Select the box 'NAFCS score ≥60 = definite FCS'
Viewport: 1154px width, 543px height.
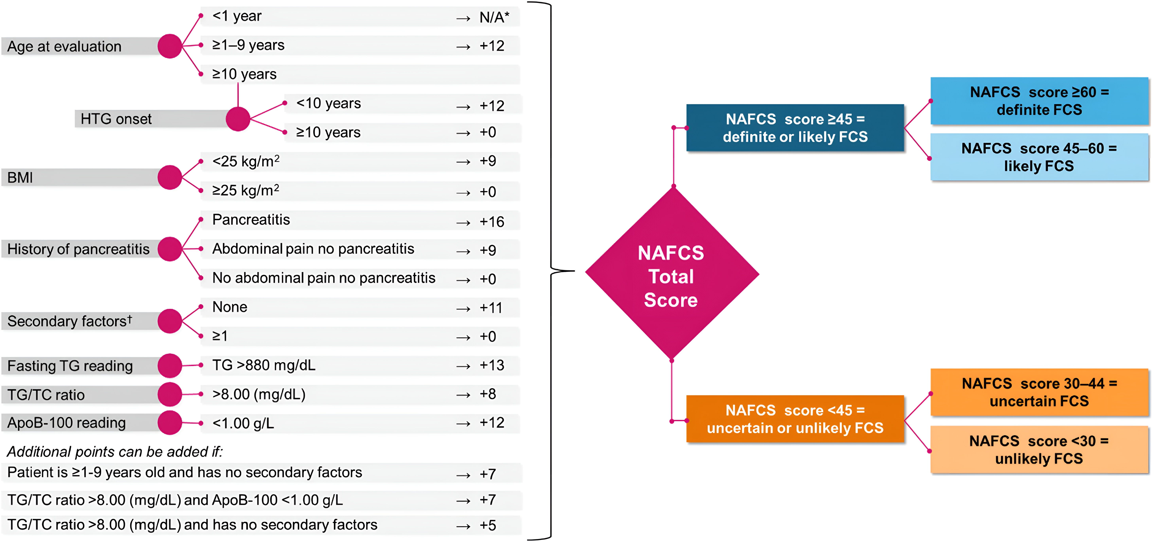click(x=1039, y=101)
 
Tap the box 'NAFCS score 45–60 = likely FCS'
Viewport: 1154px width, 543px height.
click(x=1039, y=157)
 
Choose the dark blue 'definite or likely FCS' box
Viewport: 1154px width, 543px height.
click(x=795, y=128)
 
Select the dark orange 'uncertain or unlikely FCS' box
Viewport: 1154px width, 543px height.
click(x=795, y=419)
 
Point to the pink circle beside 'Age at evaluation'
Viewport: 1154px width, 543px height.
click(x=170, y=46)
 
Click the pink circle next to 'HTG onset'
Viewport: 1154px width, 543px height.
click(x=238, y=119)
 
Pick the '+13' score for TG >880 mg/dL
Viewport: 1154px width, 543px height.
click(x=492, y=365)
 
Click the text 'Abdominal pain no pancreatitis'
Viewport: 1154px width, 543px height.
click(x=313, y=249)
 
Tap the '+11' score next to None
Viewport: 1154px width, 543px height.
click(x=491, y=308)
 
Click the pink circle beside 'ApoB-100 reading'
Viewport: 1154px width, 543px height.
click(x=170, y=423)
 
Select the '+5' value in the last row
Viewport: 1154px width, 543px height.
click(x=488, y=525)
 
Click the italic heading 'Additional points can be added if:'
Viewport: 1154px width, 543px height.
click(x=115, y=452)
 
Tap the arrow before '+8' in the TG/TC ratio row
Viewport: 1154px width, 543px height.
click(x=463, y=395)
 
